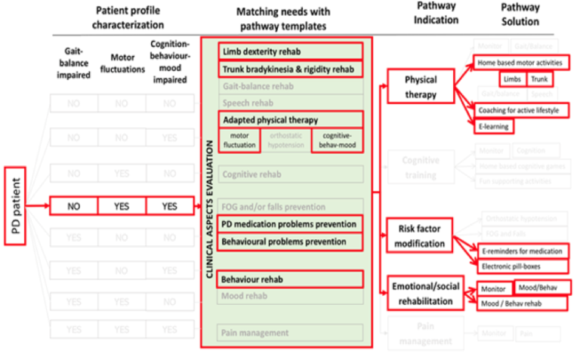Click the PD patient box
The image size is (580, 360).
(x=16, y=205)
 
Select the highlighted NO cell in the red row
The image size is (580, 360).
(x=73, y=205)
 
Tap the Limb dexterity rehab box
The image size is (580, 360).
(x=291, y=51)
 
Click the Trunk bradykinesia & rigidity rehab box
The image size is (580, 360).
(x=291, y=69)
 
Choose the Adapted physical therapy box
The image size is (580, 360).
(x=291, y=120)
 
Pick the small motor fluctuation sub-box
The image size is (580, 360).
(x=239, y=140)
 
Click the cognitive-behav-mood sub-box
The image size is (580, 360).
(x=337, y=140)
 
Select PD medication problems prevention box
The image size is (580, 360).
(x=291, y=224)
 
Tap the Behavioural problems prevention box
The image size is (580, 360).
(x=291, y=242)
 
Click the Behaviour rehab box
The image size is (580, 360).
(x=291, y=279)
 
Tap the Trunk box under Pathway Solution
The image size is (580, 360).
(x=539, y=78)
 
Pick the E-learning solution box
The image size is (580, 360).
(x=492, y=126)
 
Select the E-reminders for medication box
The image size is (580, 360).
(x=522, y=251)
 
